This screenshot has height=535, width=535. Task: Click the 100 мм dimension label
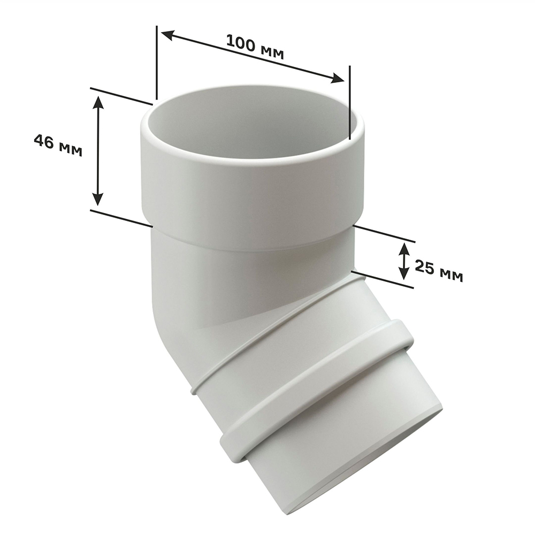255,47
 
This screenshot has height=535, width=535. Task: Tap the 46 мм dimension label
58,146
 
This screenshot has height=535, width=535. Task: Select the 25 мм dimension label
439,271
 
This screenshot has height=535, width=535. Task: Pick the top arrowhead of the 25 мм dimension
404,249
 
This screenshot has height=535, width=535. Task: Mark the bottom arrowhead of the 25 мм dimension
404,273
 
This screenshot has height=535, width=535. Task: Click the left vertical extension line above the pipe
157,63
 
